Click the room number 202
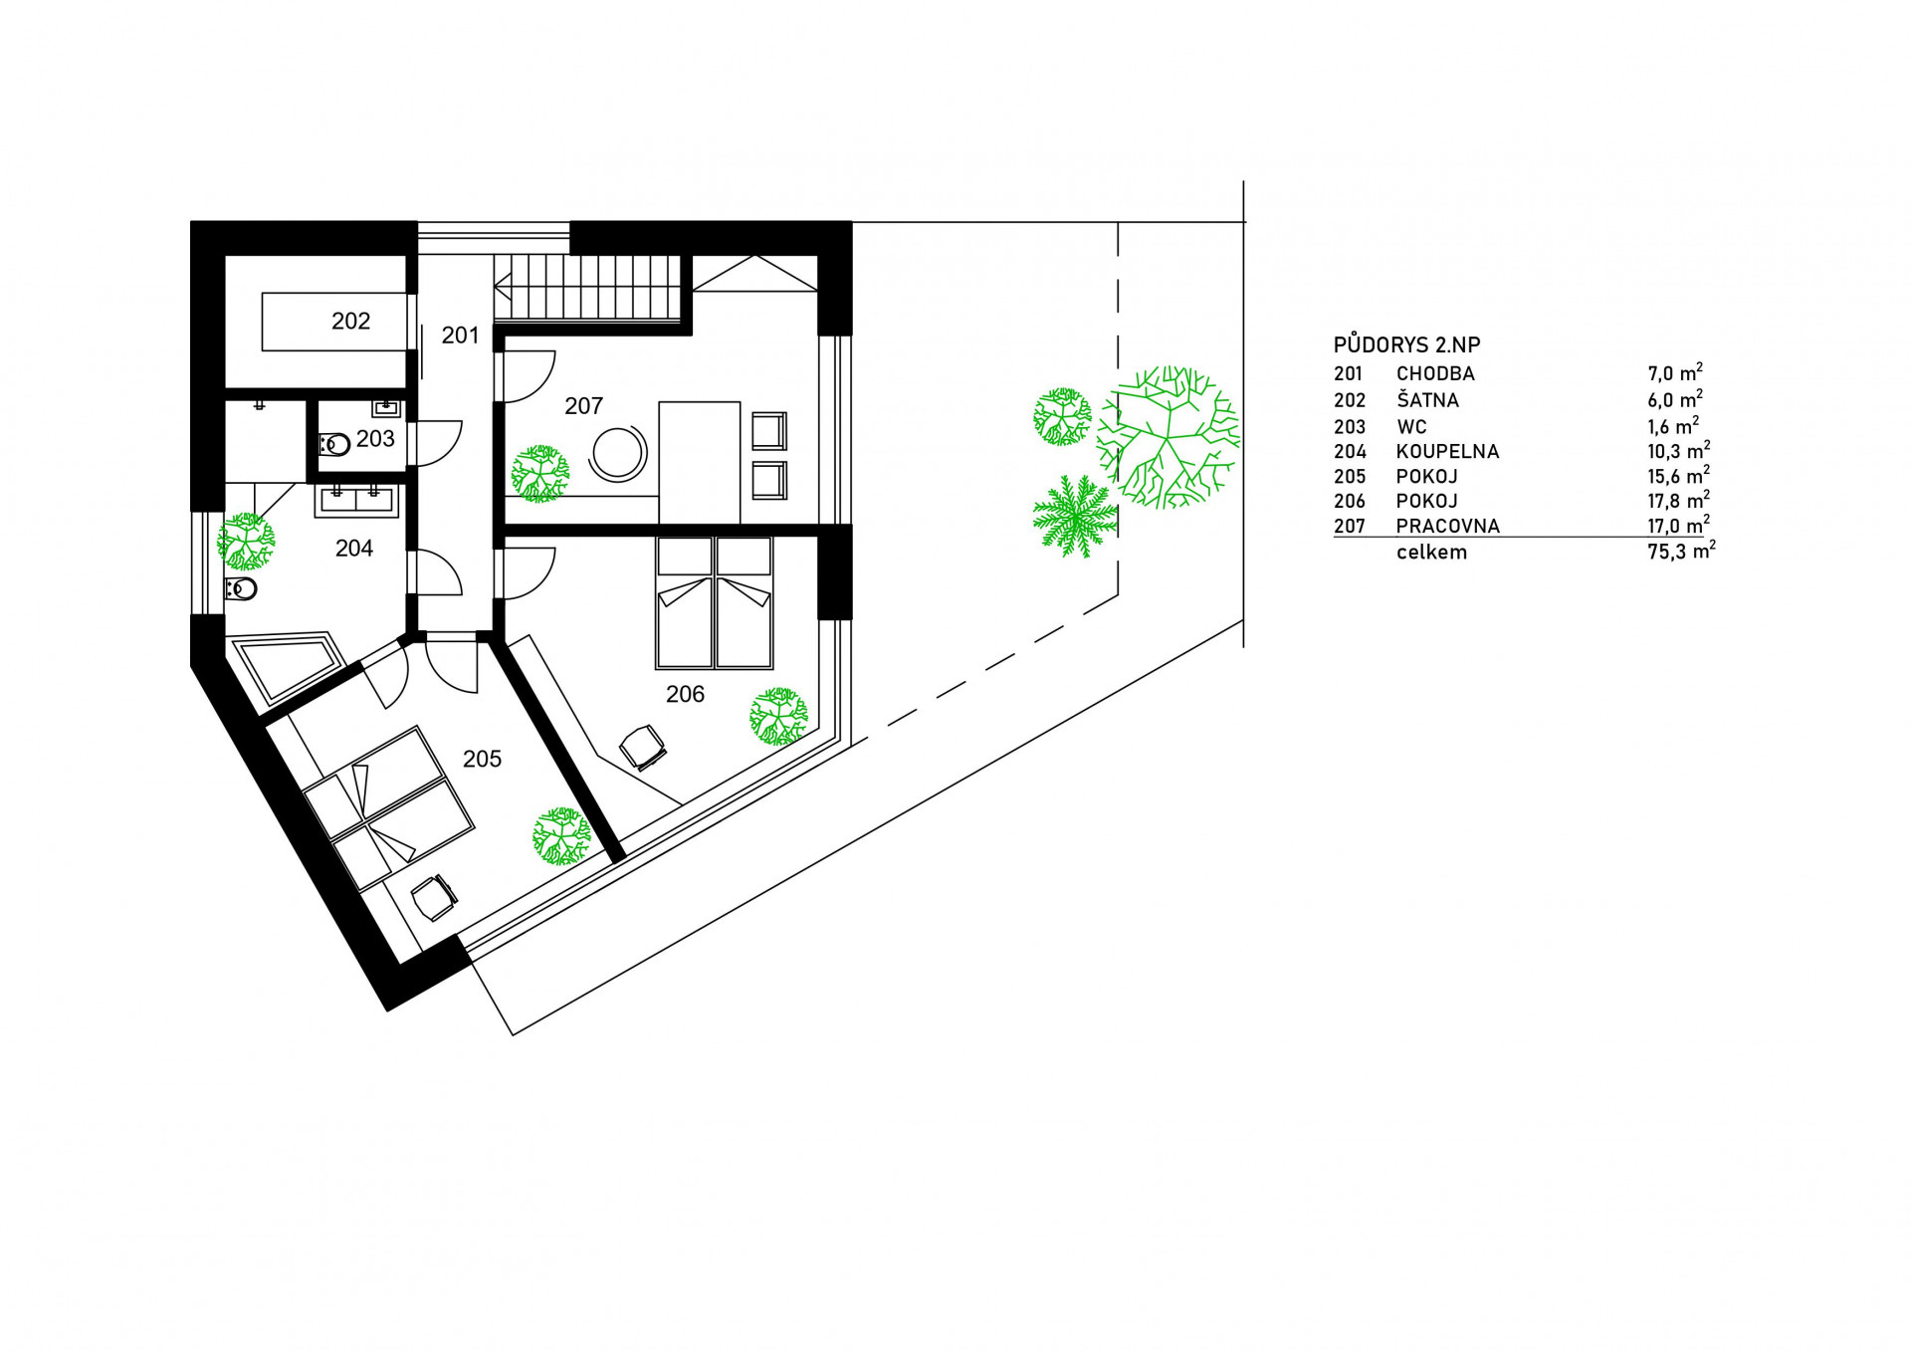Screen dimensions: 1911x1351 [350, 321]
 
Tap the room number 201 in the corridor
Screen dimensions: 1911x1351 [460, 336]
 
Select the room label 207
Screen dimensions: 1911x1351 [583, 406]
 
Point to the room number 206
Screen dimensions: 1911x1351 [685, 694]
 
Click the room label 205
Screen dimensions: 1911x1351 [482, 759]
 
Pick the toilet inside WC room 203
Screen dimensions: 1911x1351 [334, 444]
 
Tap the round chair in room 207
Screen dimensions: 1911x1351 [619, 454]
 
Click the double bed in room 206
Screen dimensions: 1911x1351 [715, 603]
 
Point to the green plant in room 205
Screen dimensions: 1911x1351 [562, 835]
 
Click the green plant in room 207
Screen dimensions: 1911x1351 [540, 474]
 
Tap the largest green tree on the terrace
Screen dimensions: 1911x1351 [1168, 437]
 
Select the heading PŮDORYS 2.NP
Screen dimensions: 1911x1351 [1406, 344]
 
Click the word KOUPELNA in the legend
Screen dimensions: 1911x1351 [1447, 451]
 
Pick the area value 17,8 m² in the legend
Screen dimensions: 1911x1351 [1678, 500]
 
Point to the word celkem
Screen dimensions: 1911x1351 [1431, 553]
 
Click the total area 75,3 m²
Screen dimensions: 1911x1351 [1681, 551]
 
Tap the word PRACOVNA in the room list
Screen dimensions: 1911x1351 [1447, 526]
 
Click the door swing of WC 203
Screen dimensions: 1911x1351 [439, 443]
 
